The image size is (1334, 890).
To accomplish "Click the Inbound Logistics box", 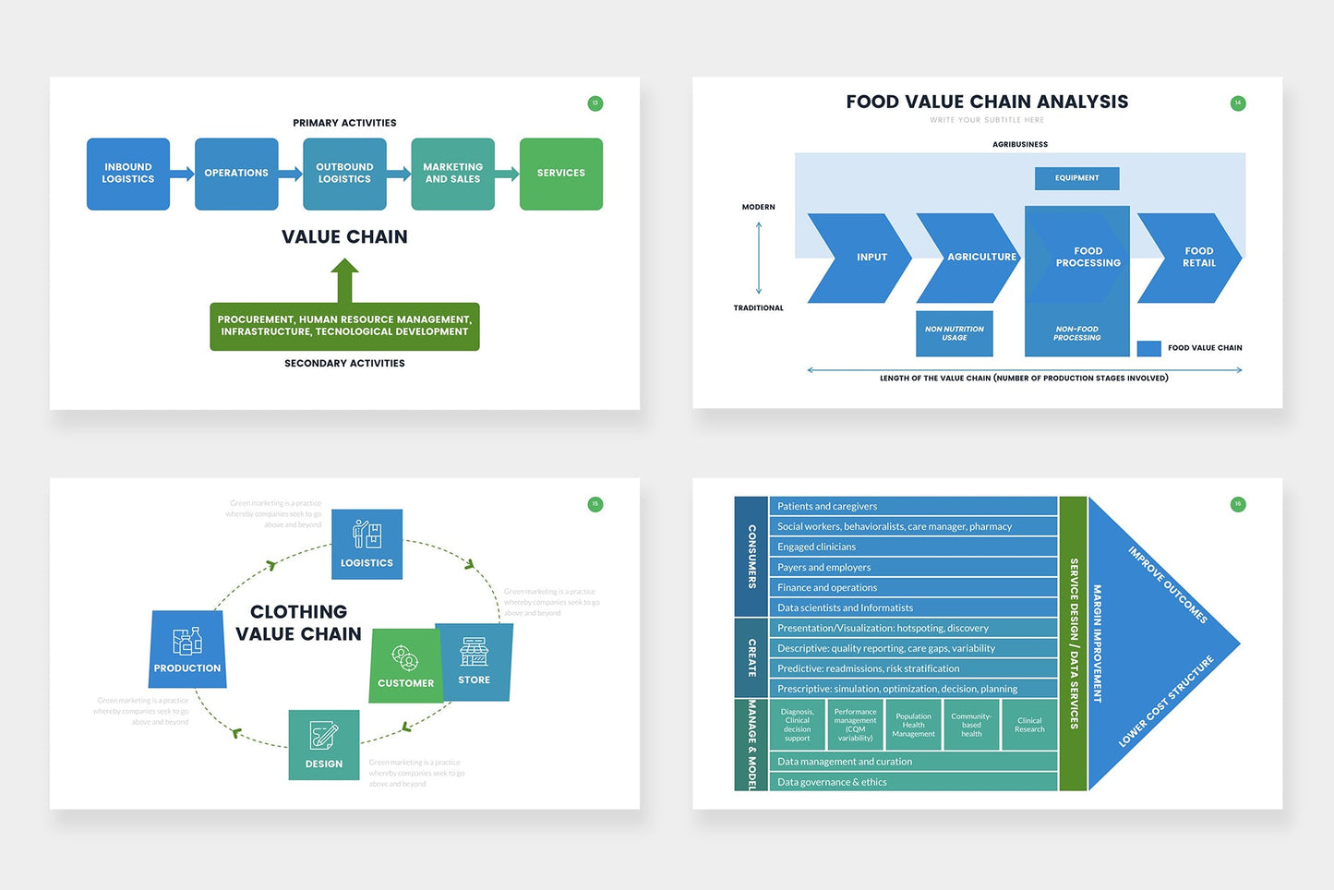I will coord(128,174).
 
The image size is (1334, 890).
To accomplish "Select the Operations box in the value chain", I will coord(236,174).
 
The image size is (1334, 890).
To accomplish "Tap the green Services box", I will coord(560,174).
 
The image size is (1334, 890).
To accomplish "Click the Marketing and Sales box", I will coord(452,174).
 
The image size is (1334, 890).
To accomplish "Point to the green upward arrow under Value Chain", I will coord(344,280).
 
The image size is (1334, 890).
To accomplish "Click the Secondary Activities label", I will coord(344,364).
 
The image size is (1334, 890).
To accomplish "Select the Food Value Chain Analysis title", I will coord(987,102).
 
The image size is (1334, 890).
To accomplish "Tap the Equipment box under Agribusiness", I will coord(1076,178).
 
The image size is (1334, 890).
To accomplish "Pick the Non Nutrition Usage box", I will coord(954,333).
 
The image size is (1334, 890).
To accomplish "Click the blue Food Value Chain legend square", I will coord(1148,348).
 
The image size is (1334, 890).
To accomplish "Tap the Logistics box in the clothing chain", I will coord(367,544).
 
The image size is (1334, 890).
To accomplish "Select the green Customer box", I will coord(405,667).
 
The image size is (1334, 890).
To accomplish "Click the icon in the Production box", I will coord(187,641).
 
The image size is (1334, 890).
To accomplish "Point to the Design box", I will coord(324,745).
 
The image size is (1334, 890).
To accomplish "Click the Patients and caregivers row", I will coord(912,506).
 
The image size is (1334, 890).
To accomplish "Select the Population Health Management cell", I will coord(913,725).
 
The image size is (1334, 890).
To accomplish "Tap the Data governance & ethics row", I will coord(912,782).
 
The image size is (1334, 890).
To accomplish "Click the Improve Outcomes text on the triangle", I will coord(1167,584).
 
